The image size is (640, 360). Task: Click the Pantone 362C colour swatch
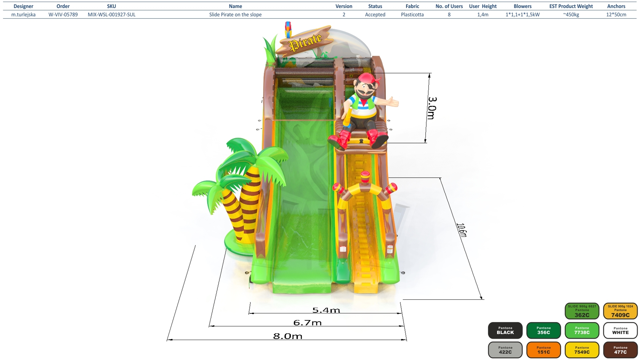point(582,311)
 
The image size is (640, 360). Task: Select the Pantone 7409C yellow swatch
point(620,311)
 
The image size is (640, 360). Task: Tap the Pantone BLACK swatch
point(505,330)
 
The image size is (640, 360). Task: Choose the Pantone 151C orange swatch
point(544,350)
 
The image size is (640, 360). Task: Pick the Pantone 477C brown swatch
point(620,350)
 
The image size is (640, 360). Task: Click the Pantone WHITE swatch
point(620,330)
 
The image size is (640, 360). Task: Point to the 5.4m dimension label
point(326,310)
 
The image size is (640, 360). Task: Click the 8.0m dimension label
point(288,336)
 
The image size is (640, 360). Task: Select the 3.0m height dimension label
point(432,108)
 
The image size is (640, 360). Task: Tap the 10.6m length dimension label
point(462,230)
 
